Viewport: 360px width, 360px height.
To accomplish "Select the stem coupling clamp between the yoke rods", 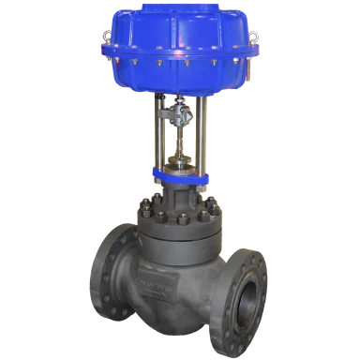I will tap(175, 122).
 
